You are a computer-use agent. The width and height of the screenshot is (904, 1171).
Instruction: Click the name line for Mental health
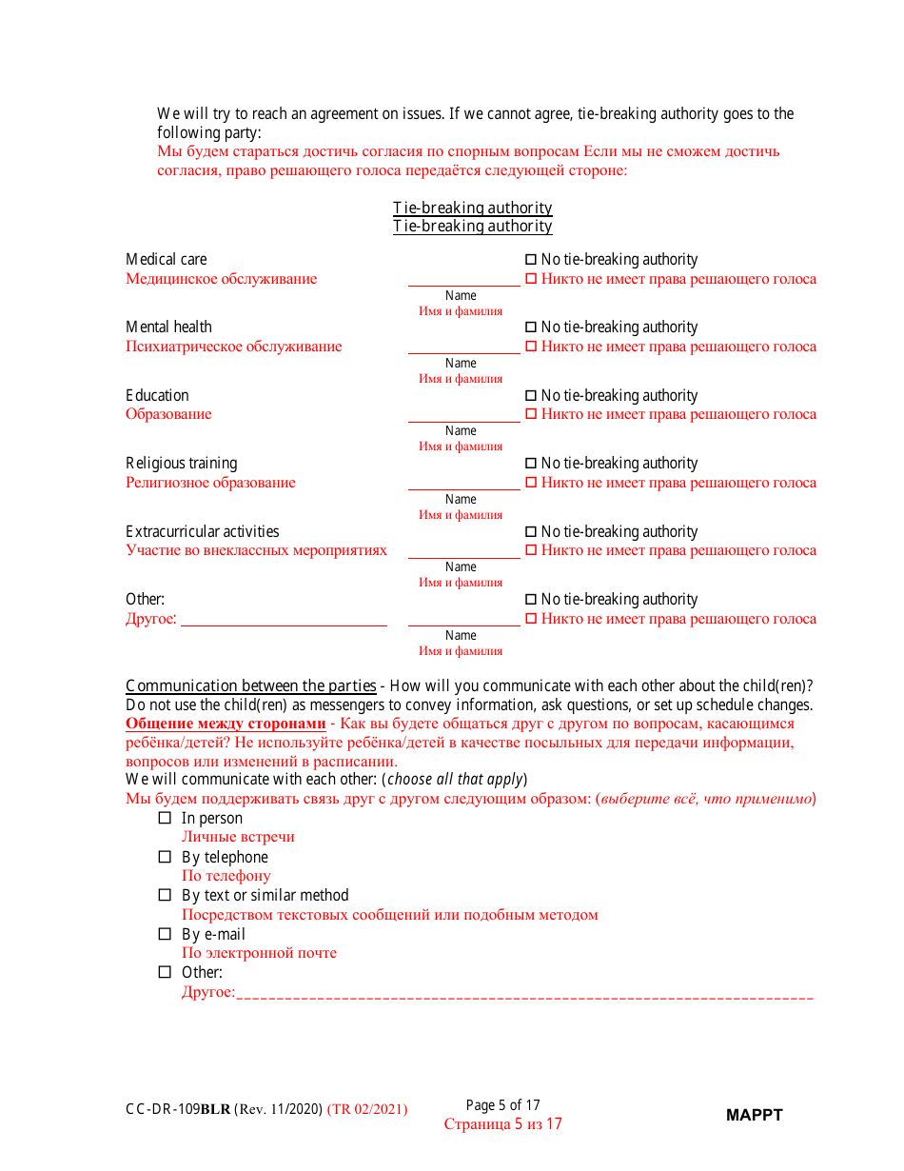(x=463, y=347)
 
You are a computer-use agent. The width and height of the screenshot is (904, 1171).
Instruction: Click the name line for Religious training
(x=463, y=484)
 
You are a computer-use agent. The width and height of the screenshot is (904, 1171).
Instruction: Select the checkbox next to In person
(x=165, y=818)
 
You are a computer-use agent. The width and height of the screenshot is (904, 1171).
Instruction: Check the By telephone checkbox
(x=165, y=857)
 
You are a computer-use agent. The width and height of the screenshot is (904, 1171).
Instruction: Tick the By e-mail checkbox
(x=165, y=934)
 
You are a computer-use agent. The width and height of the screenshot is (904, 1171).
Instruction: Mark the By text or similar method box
(x=165, y=895)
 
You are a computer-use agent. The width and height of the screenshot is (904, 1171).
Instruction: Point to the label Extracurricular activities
(x=203, y=531)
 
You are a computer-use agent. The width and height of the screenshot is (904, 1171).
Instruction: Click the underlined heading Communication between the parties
(x=251, y=685)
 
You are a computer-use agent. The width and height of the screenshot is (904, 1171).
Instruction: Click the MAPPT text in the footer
(x=754, y=1115)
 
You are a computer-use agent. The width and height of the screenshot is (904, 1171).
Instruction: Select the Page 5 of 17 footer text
(x=502, y=1105)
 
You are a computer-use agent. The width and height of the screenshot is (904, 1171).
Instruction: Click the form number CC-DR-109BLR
(x=178, y=1109)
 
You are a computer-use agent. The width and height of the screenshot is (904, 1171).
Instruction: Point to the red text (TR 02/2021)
(x=367, y=1109)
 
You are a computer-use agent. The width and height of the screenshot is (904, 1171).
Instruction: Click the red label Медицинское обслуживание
(x=222, y=279)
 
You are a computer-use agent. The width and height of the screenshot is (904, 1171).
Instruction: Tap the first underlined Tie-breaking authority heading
(x=473, y=208)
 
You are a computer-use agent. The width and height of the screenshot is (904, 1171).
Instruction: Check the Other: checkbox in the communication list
(x=165, y=972)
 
